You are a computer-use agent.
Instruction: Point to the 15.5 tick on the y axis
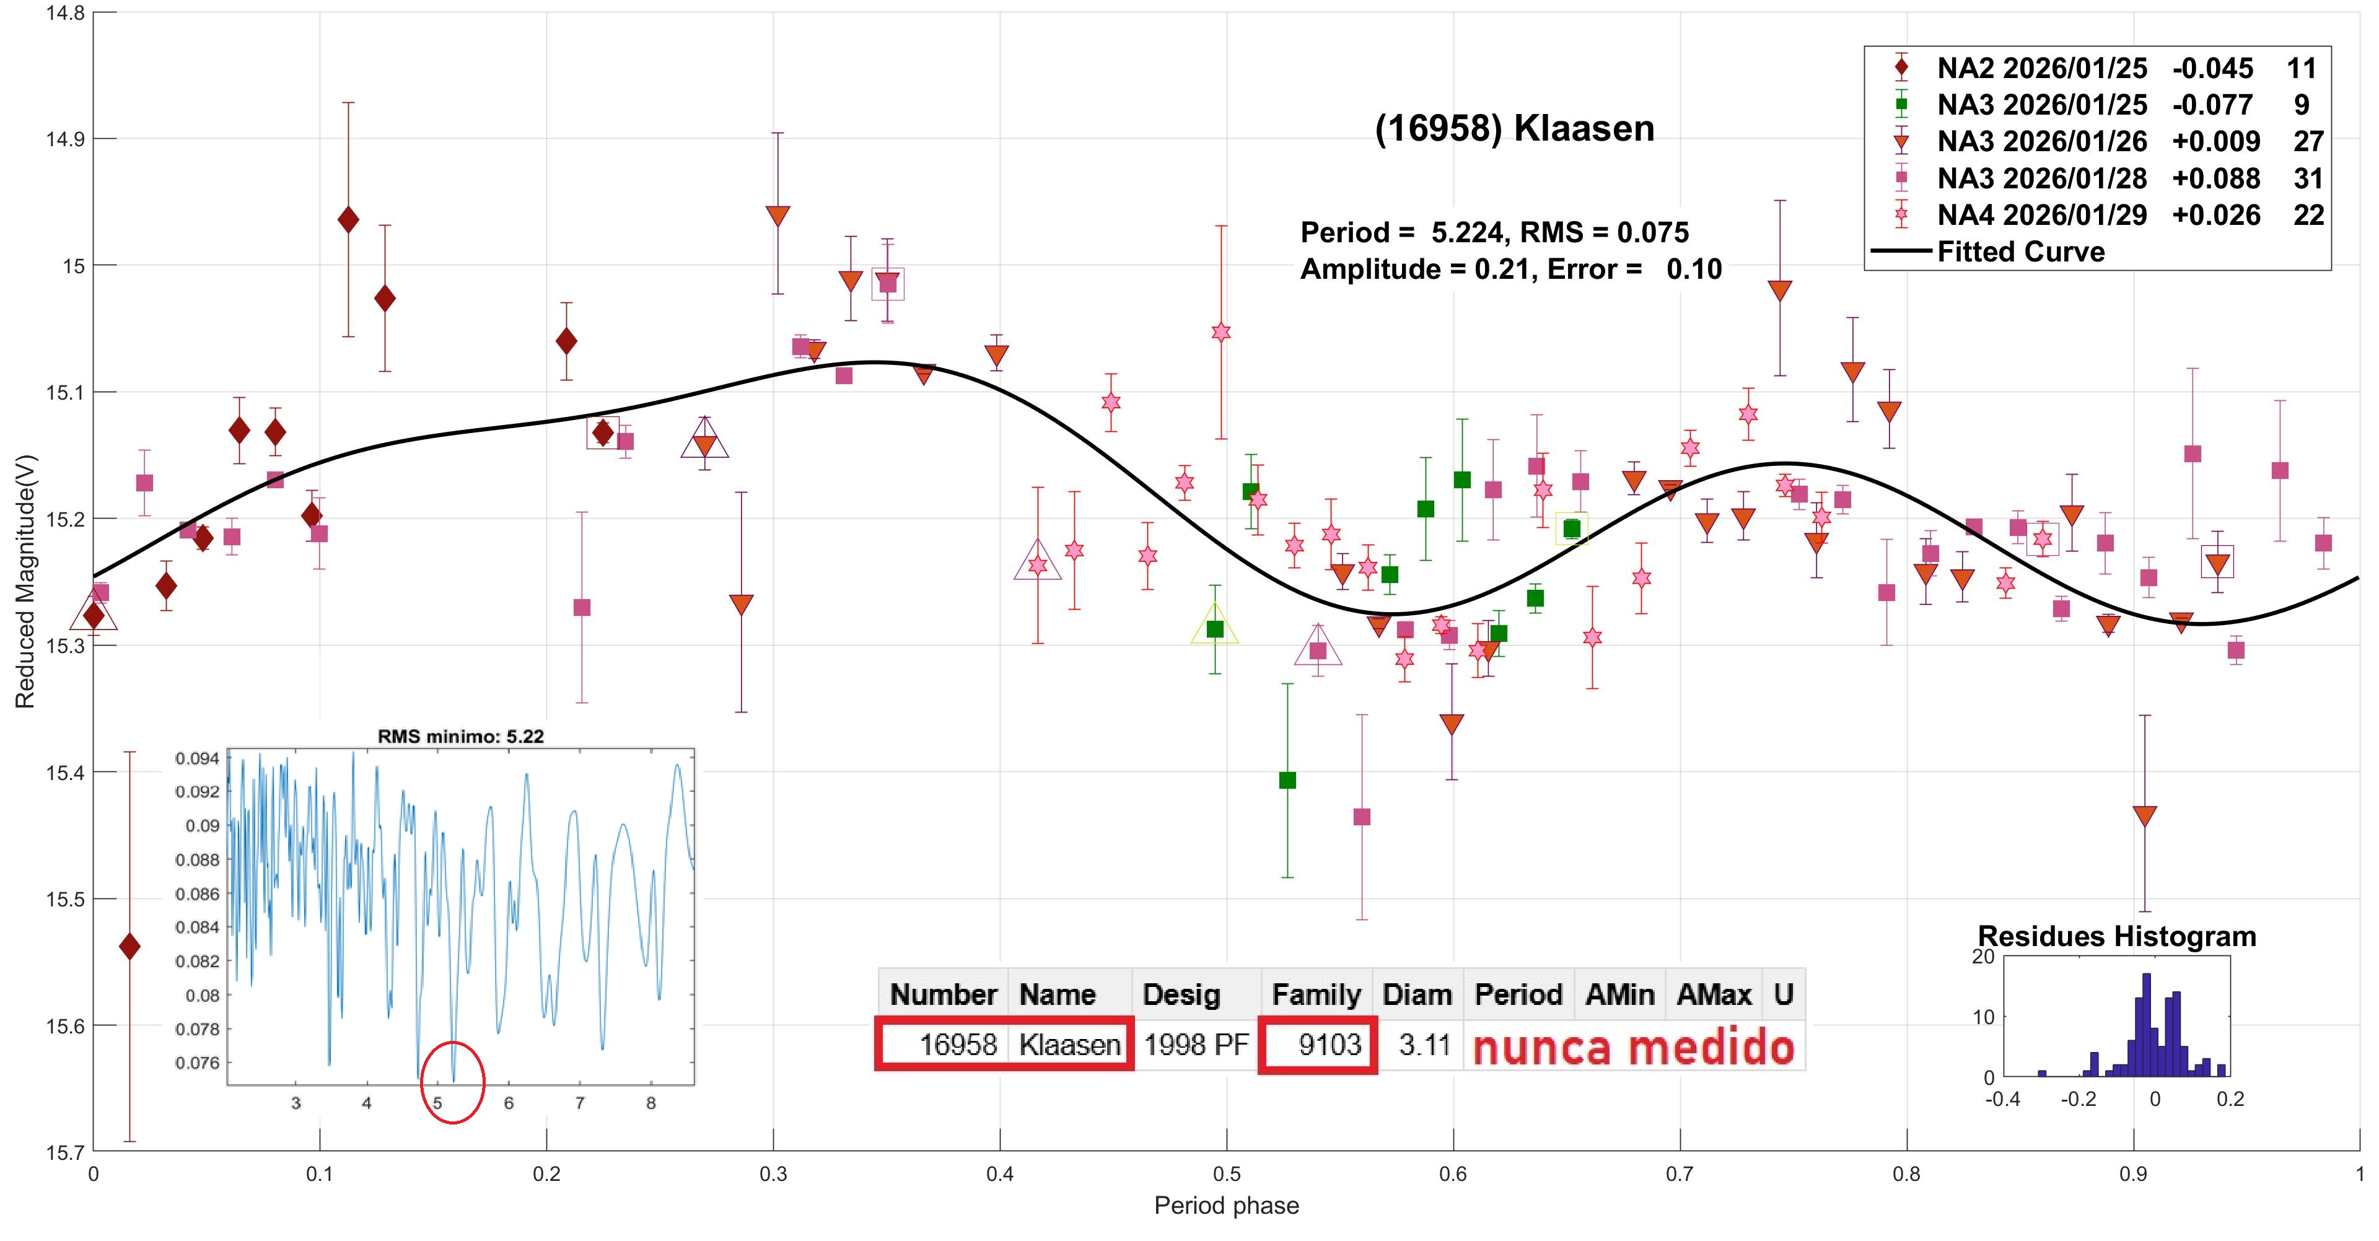point(64,898)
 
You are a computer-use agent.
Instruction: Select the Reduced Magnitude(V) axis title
point(25,582)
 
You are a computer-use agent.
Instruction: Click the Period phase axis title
point(1227,1206)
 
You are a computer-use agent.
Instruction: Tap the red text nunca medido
point(1633,1047)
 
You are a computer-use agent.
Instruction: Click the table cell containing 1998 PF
point(1196,1045)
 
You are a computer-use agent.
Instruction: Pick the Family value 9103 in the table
point(1329,1045)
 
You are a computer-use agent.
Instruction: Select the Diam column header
point(1417,994)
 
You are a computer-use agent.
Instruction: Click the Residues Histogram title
point(2117,936)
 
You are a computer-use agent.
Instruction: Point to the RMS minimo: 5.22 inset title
point(461,736)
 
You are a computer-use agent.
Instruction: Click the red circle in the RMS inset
point(452,1082)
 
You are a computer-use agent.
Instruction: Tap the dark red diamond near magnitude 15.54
point(130,947)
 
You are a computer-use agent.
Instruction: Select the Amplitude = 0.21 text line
point(1511,270)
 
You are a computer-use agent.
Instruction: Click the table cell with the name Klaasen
point(1069,1045)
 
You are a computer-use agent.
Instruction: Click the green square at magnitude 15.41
point(1287,780)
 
